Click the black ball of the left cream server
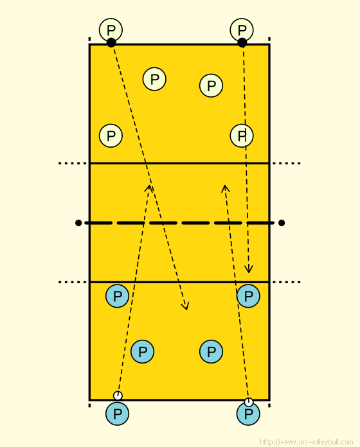pyautogui.click(x=111, y=42)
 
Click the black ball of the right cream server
pyautogui.click(x=242, y=42)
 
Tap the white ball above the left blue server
pyautogui.click(x=118, y=396)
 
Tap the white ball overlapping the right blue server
pyautogui.click(x=249, y=402)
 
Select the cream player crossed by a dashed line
pyautogui.click(x=242, y=136)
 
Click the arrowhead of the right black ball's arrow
pyautogui.click(x=249, y=269)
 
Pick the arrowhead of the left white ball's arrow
pyautogui.click(x=149, y=188)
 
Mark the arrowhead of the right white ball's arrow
pyautogui.click(x=226, y=188)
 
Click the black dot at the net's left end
pyautogui.click(x=78, y=223)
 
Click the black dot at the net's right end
pyautogui.click(x=282, y=223)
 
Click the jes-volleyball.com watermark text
pyautogui.click(x=306, y=442)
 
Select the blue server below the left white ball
pyautogui.click(x=117, y=414)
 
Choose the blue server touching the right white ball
pyautogui.click(x=248, y=414)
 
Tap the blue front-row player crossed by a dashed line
pyautogui.click(x=248, y=296)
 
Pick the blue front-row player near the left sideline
pyautogui.click(x=117, y=296)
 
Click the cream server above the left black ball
pyautogui.click(x=111, y=30)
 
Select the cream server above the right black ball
pyautogui.click(x=242, y=30)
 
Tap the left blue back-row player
pyautogui.click(x=142, y=351)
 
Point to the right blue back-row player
pyautogui.click(x=211, y=351)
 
